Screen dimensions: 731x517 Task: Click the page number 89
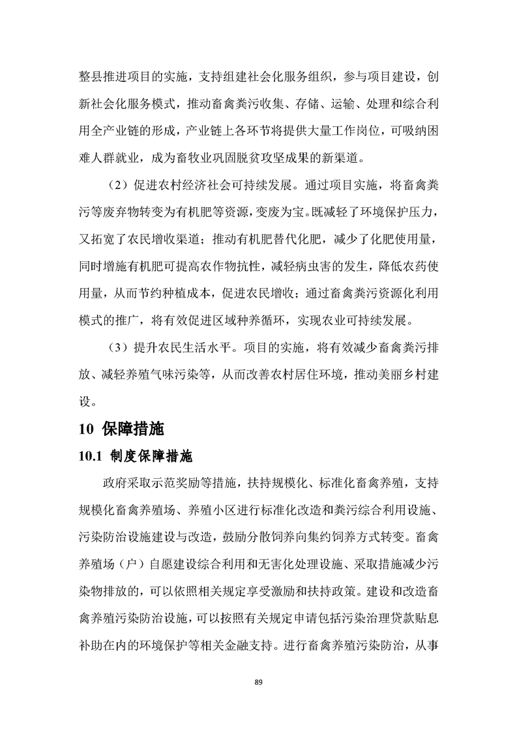[258, 682]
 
